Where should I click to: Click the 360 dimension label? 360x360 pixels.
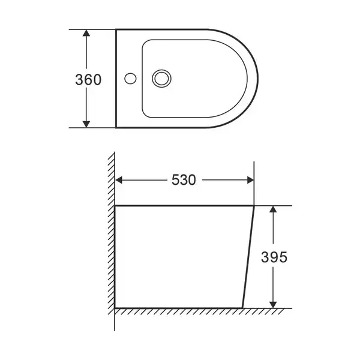point(88,80)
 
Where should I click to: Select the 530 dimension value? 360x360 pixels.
point(184,180)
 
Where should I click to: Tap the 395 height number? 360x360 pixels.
point(274,257)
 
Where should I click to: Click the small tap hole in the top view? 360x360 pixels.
point(130,78)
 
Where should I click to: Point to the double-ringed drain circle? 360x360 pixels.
point(161,79)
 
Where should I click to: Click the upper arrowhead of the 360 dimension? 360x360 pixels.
point(86,33)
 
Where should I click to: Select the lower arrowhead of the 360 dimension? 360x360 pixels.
point(86,124)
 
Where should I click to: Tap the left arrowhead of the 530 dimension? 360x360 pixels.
point(118,180)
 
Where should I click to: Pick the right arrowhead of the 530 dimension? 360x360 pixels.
point(250,180)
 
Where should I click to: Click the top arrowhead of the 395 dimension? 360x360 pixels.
point(273,209)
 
